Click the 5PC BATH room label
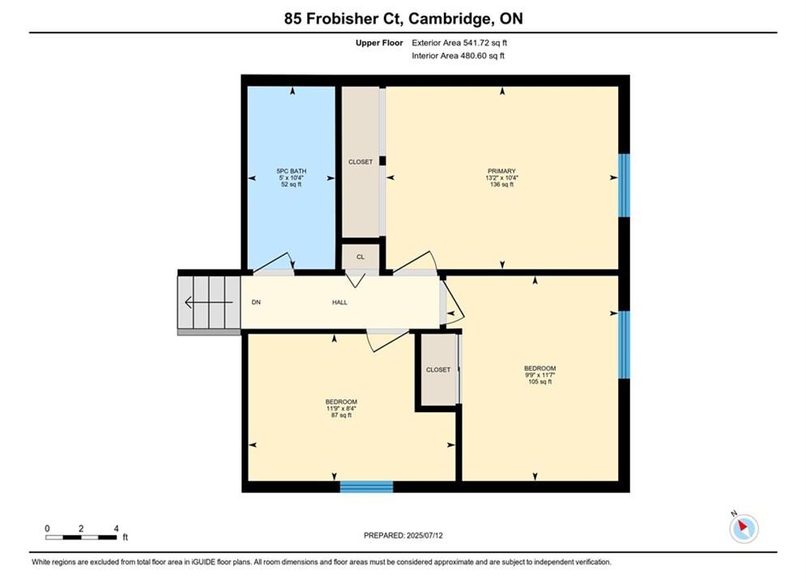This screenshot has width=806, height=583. (x=292, y=171)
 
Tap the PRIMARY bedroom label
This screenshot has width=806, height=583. (x=501, y=171)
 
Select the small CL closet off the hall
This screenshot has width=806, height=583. (x=360, y=257)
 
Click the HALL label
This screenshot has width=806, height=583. (x=339, y=303)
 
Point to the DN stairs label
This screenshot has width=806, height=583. (x=256, y=303)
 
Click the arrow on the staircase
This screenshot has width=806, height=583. (x=208, y=303)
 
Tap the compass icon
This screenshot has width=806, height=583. (x=744, y=528)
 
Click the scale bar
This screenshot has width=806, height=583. (x=81, y=538)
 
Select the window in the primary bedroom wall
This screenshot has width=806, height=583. (x=624, y=185)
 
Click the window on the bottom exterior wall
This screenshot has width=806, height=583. (x=366, y=487)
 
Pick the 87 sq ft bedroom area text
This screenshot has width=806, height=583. (x=341, y=415)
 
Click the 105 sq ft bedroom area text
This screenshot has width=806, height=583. (x=539, y=381)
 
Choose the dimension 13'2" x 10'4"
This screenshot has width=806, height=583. (x=501, y=177)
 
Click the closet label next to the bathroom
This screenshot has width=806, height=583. (x=360, y=162)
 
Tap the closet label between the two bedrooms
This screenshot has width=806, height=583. (x=438, y=370)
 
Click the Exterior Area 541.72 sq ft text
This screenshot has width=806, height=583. (x=459, y=43)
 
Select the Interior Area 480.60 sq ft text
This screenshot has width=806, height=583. (x=458, y=56)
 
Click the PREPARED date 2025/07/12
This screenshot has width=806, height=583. (x=403, y=535)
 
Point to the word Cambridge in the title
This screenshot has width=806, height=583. (x=449, y=19)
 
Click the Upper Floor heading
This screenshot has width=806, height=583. (x=379, y=43)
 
